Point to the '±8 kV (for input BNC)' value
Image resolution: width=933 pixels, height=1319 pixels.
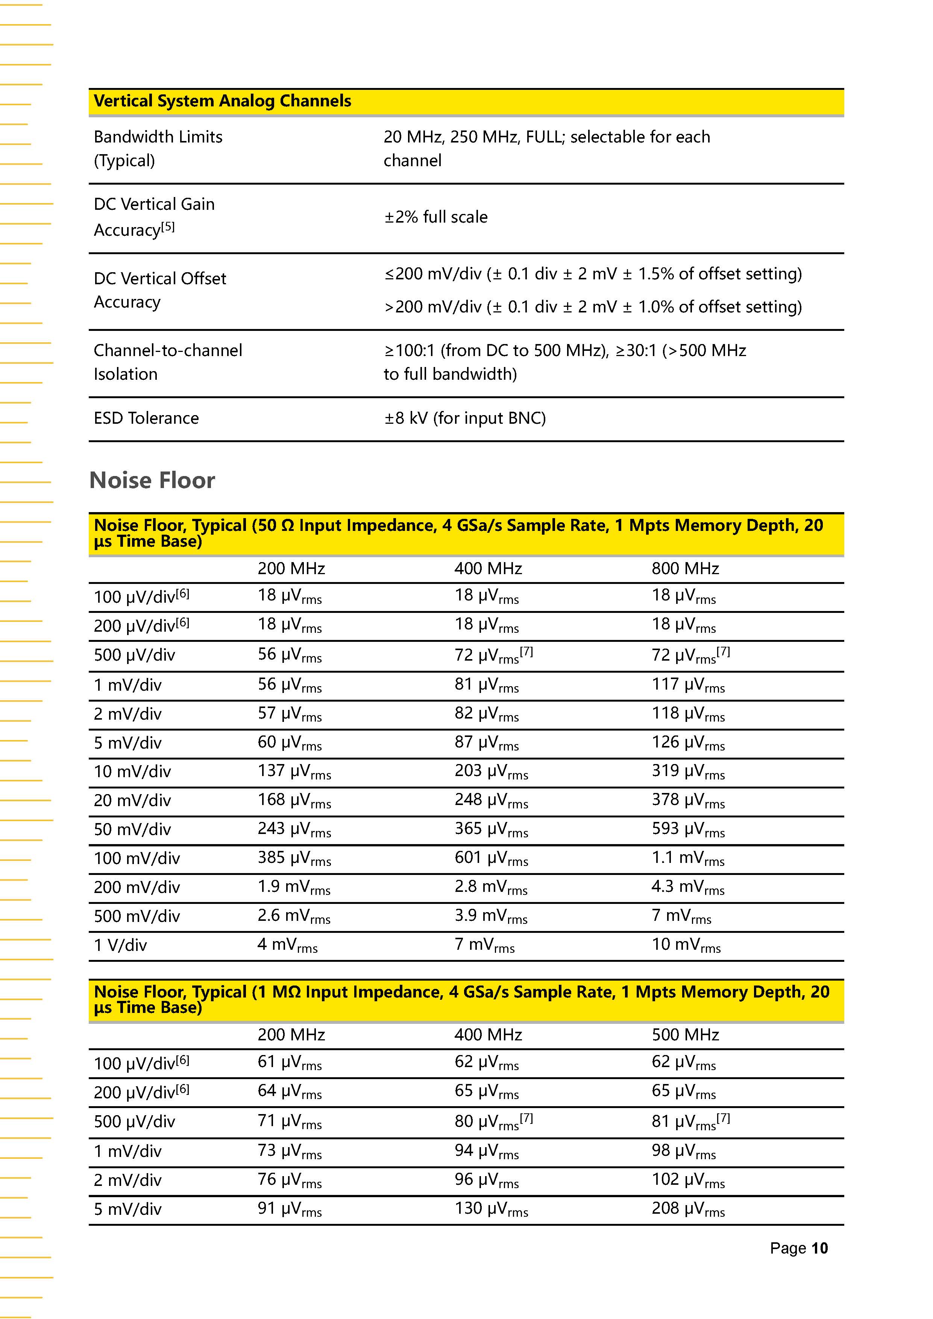coord(465,418)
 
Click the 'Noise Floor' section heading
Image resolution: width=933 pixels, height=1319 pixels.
coord(152,480)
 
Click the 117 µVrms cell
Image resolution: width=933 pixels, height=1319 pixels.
coord(688,685)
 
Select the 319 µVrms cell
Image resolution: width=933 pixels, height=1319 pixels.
coord(688,772)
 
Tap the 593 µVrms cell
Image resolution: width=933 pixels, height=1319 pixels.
coord(688,829)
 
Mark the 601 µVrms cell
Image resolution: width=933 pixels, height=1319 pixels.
coord(491,858)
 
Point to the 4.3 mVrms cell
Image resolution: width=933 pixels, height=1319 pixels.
coord(688,887)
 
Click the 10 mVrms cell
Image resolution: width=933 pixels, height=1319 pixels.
coord(686,945)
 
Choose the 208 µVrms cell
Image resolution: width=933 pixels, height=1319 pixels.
coord(688,1209)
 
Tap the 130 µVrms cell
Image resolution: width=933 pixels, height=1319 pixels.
coord(491,1209)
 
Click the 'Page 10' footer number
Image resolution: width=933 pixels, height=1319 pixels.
coord(799,1248)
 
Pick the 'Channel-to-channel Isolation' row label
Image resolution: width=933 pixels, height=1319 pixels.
coord(168,362)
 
